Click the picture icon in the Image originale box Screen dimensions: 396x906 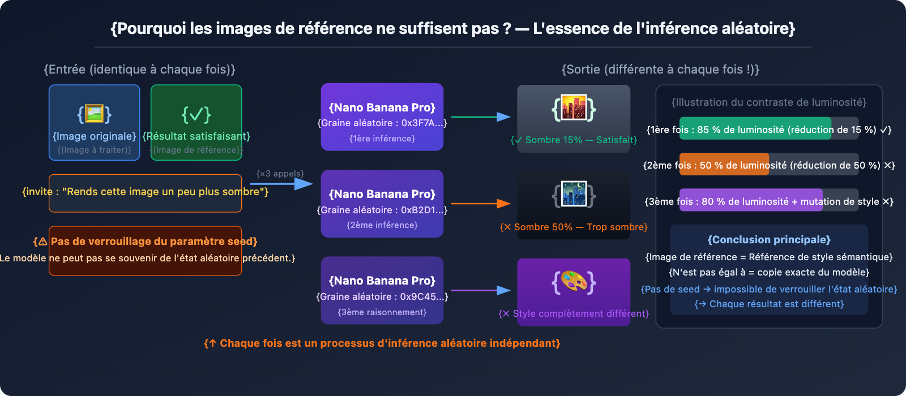click(95, 114)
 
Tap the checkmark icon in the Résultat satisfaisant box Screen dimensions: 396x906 click(196, 114)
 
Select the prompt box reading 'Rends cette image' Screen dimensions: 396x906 click(146, 192)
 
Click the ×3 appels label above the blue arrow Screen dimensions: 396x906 click(280, 174)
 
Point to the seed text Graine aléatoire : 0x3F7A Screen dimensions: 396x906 click(382, 123)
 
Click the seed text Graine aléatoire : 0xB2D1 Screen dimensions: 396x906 click(382, 210)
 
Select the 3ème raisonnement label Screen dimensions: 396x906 click(382, 312)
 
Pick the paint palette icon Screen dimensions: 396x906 click(574, 282)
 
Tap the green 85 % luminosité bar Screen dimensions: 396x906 click(755, 129)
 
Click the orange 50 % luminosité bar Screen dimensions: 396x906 click(724, 165)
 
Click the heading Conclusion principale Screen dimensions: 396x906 click(769, 240)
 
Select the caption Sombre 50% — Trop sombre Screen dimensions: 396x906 click(574, 227)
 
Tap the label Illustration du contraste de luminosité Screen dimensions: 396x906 click(769, 102)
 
